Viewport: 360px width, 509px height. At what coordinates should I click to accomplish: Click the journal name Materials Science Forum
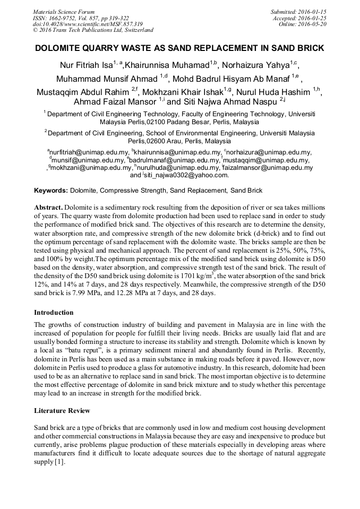click(64, 12)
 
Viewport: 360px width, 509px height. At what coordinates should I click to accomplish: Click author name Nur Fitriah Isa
click(82, 65)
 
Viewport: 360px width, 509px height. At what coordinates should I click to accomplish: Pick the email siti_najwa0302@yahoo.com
click(186, 175)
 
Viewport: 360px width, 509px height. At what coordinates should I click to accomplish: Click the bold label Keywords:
click(51, 190)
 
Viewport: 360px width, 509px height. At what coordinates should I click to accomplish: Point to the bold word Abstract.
click(48, 207)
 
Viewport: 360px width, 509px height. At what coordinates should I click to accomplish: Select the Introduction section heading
click(54, 312)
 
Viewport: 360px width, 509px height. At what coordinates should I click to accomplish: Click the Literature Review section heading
click(62, 410)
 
